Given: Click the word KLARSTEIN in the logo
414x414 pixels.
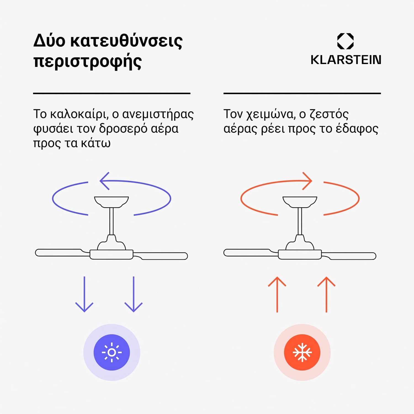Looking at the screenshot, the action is [x=346, y=60].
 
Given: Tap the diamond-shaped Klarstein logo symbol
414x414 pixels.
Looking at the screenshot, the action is [x=346, y=41].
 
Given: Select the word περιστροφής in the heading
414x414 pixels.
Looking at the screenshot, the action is [x=87, y=62].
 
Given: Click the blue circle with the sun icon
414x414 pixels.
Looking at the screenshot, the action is [x=112, y=352].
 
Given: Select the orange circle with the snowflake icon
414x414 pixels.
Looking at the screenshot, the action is [x=302, y=352].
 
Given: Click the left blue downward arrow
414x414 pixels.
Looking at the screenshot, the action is [x=84, y=294].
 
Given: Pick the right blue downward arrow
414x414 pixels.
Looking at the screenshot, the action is [x=134, y=294].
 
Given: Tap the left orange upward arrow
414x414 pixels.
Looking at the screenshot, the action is [x=277, y=294].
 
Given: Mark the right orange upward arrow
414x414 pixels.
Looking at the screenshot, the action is [x=327, y=294].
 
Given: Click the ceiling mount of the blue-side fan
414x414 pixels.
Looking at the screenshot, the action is [x=112, y=202].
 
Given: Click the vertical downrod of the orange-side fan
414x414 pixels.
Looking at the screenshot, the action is [x=300, y=221].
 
